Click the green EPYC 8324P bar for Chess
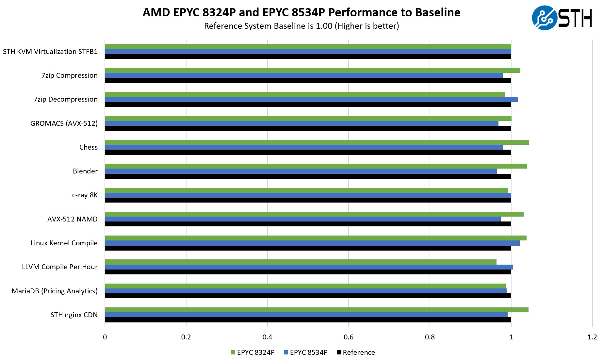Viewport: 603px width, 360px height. [317, 142]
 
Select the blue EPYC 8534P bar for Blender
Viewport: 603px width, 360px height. [301, 171]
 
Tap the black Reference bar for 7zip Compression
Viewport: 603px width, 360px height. [308, 81]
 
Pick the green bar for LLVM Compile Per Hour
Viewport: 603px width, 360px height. [301, 262]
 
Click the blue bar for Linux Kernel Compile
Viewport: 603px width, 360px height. [312, 243]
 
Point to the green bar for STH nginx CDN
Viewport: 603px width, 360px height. [317, 310]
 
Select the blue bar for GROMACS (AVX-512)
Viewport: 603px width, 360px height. [301, 123]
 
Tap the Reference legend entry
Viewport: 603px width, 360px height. [356, 352]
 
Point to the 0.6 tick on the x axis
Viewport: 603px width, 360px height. [349, 337]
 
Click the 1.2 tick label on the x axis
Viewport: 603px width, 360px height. [592, 337]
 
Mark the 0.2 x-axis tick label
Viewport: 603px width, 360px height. [186, 337]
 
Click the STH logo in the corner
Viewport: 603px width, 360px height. [562, 18]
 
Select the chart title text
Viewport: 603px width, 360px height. [301, 12]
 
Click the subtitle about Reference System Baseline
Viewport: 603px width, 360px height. [301, 26]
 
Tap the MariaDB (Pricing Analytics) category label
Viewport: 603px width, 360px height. [55, 291]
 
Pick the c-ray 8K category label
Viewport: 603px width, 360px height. [85, 195]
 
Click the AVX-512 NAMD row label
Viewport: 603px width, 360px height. [72, 219]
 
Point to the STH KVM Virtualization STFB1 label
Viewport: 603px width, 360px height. [50, 52]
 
